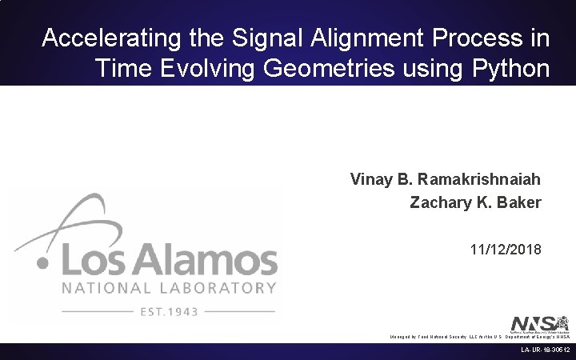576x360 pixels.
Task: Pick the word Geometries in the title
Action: coord(319,69)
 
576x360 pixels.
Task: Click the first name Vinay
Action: coord(370,178)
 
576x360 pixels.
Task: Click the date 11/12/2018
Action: coord(506,250)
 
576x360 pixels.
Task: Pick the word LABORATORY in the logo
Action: coord(215,287)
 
